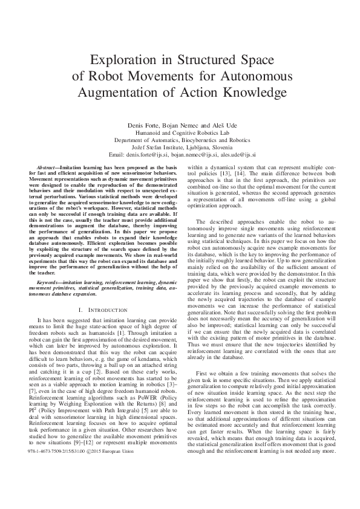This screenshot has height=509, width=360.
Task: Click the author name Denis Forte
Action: pos(142,125)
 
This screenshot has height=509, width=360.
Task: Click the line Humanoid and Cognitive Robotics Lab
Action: pos(180,132)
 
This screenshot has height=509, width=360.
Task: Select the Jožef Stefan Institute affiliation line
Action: pos(180,147)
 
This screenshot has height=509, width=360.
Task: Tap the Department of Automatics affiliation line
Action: pos(180,140)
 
